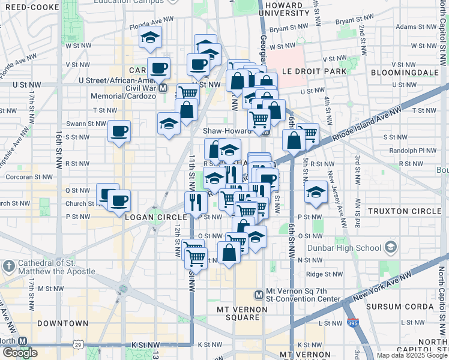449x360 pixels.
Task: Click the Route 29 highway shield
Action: [x=77, y=344]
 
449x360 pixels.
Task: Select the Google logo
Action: [x=19, y=353]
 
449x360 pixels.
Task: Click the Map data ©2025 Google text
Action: [x=412, y=355]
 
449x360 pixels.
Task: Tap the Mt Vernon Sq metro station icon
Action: [x=259, y=295]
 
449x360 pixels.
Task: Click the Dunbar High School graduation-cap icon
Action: [x=391, y=247]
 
